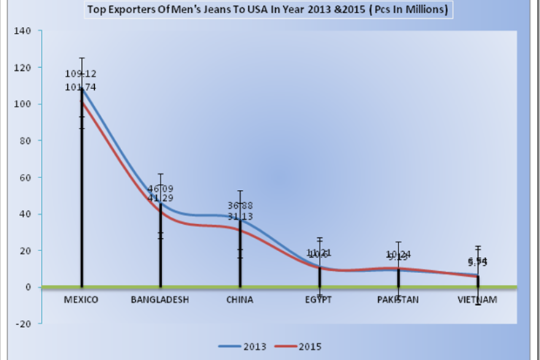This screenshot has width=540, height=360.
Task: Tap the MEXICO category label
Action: click(x=81, y=300)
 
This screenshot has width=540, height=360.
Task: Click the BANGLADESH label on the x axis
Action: click(x=161, y=300)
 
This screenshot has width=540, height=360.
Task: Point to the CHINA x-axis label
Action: click(x=240, y=300)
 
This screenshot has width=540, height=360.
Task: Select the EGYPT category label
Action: click(x=320, y=300)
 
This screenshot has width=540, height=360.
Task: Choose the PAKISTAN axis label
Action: click(x=398, y=300)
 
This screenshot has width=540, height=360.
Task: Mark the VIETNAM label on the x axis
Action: click(x=478, y=300)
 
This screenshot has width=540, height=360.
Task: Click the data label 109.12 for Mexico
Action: click(x=81, y=74)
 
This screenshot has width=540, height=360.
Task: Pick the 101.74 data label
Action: click(x=81, y=87)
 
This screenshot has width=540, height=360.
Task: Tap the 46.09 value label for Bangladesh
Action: click(x=161, y=188)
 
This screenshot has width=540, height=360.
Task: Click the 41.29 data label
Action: click(x=161, y=198)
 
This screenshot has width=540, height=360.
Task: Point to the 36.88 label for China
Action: click(x=240, y=205)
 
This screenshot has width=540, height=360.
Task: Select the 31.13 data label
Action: click(x=240, y=216)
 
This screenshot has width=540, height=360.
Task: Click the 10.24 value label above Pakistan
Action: click(x=399, y=255)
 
